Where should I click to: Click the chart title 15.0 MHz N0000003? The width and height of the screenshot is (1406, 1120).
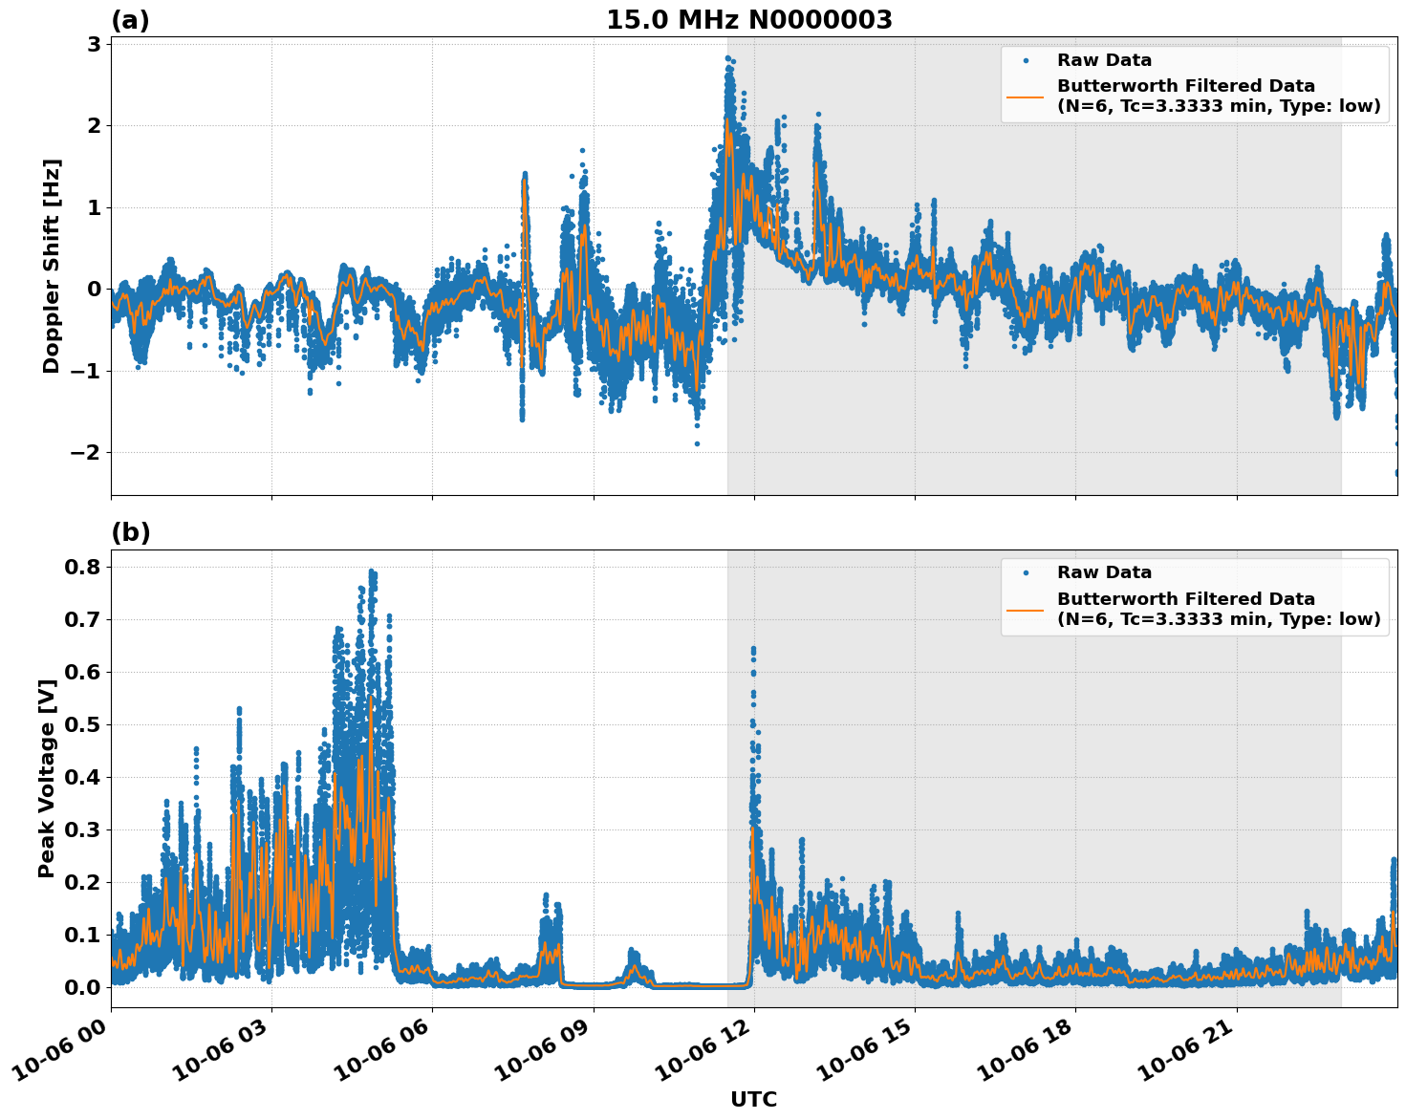748,20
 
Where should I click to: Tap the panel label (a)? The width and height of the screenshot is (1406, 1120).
130,20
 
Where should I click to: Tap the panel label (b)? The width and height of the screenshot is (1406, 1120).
131,532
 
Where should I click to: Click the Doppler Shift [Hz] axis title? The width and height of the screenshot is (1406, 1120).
52,266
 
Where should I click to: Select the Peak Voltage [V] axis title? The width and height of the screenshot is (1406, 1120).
47,778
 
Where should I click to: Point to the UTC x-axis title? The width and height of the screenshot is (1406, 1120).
753,1099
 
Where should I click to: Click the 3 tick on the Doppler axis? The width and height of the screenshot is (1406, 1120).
94,44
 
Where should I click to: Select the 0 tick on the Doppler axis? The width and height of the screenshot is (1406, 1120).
94,290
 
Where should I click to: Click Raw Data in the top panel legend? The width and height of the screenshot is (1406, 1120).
1104,60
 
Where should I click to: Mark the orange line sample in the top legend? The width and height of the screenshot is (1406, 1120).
1025,96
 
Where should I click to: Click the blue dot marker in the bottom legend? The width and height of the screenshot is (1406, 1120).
1025,572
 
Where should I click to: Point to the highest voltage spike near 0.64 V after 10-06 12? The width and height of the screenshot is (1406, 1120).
753,651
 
